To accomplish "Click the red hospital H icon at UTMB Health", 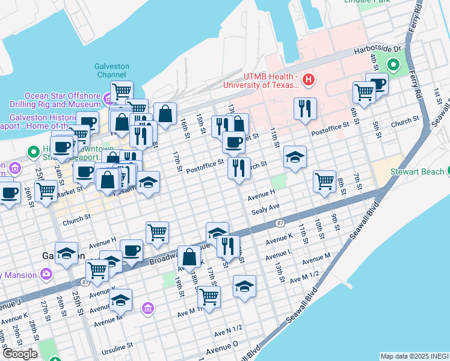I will click(309, 79).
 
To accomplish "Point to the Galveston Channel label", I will click(111, 70).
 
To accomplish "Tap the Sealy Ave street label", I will click(266, 207).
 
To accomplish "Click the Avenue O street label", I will click(222, 348).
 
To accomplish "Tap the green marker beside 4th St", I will click(394, 64).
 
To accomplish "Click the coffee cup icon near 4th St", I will click(377, 84).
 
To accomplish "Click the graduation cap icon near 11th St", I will click(295, 157).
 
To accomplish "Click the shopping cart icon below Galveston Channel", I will click(122, 91).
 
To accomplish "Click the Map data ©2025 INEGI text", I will click(414, 356).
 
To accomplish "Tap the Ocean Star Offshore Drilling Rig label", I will click(62, 100).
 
